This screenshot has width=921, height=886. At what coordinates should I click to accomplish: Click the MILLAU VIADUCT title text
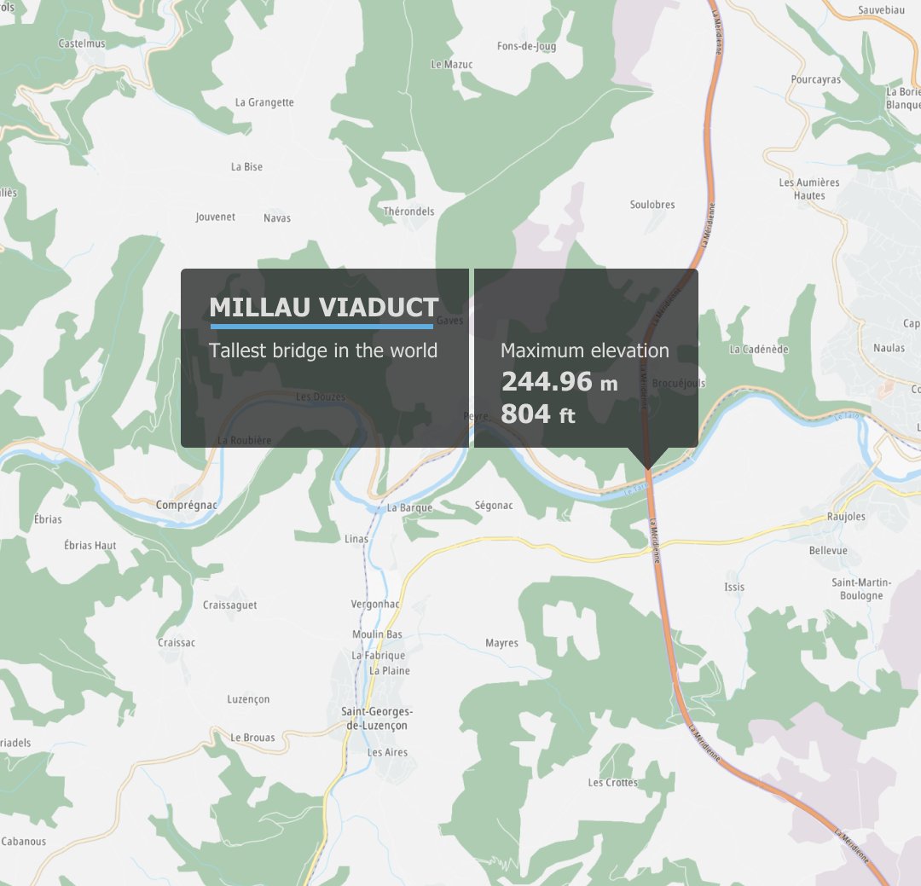coord(324,308)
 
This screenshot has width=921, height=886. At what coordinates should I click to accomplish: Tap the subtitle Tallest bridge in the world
coord(323,350)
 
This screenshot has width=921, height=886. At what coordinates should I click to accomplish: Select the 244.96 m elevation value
coord(559,382)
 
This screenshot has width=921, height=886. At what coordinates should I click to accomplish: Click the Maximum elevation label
coord(584,350)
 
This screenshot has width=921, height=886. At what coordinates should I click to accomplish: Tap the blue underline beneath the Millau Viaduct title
coord(321,326)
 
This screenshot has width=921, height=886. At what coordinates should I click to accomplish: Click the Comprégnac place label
coord(187,506)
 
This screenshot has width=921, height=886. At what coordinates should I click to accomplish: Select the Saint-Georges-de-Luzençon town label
coord(376,718)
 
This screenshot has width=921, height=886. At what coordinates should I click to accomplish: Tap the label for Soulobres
coord(652,205)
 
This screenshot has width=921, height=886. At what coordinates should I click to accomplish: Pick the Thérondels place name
coord(408,211)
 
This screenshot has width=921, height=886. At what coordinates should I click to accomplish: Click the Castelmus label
coord(81,43)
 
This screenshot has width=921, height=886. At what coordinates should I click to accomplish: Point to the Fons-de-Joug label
coord(526,47)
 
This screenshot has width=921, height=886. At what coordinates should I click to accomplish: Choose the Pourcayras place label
coord(815,80)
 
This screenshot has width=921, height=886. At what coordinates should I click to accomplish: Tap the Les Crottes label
coord(612,783)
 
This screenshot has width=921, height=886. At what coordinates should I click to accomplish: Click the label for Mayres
coord(501,643)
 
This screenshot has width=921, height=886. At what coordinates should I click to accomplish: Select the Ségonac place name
coord(494,506)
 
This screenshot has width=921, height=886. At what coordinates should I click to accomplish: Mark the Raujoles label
coord(846,517)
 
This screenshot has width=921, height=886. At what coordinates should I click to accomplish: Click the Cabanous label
coord(23,842)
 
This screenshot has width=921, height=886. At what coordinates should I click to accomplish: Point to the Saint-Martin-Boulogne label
coord(861,588)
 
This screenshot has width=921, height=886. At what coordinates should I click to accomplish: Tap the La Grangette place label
coord(264,102)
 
